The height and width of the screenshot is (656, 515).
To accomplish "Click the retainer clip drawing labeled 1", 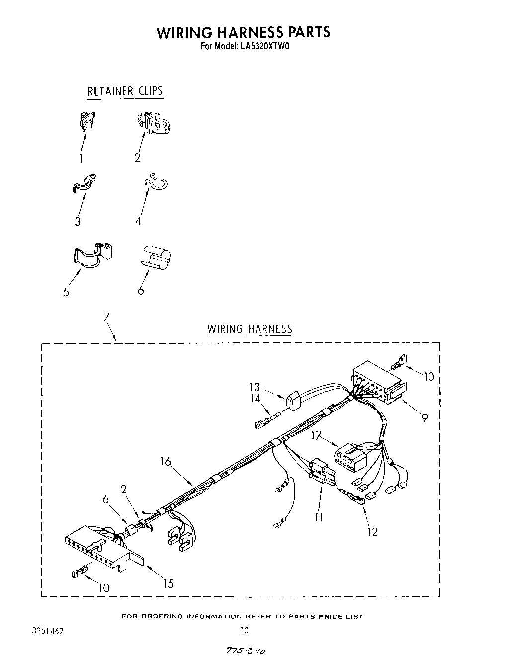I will pyautogui.click(x=88, y=121).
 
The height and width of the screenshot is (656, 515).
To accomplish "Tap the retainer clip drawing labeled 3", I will pyautogui.click(x=84, y=183).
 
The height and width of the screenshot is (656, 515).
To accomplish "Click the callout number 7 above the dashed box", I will pyautogui.click(x=107, y=317).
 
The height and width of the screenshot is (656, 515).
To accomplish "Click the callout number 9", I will pyautogui.click(x=424, y=418).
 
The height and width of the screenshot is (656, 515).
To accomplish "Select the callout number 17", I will pyautogui.click(x=317, y=436).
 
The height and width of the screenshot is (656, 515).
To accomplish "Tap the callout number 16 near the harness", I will pyautogui.click(x=166, y=462).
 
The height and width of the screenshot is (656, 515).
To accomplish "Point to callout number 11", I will pyautogui.click(x=319, y=517).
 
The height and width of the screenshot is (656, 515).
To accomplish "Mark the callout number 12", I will pyautogui.click(x=372, y=532).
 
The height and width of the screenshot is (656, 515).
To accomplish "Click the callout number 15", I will pyautogui.click(x=168, y=583).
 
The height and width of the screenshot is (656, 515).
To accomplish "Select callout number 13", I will pyautogui.click(x=255, y=387).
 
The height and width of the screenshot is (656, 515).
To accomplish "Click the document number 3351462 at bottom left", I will pyautogui.click(x=48, y=632).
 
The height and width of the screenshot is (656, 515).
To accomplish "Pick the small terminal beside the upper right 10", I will pyautogui.click(x=398, y=362).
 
